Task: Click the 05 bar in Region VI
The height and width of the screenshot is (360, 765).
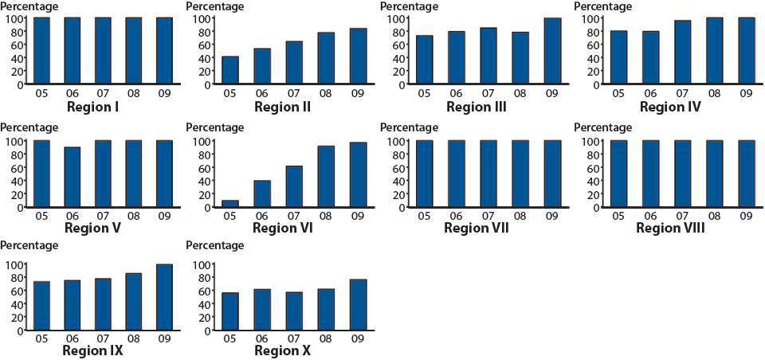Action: (x=229, y=203)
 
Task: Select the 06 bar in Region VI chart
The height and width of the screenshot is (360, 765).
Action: (x=262, y=194)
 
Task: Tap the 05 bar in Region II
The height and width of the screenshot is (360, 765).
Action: (x=229, y=70)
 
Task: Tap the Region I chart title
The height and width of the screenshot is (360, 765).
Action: (x=92, y=107)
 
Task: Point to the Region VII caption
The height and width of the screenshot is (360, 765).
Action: (x=477, y=229)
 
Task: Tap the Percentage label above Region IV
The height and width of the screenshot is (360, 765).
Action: (x=603, y=6)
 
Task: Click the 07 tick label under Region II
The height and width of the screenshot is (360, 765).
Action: (x=294, y=93)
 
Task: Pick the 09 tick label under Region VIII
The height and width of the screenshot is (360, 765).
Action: (x=746, y=216)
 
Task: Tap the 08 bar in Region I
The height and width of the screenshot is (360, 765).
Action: (x=134, y=51)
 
